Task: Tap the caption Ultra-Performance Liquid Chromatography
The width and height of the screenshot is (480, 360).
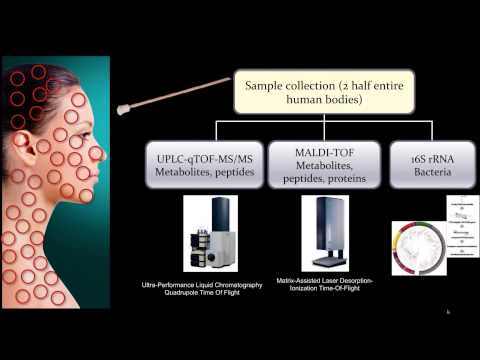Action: (x=214, y=287)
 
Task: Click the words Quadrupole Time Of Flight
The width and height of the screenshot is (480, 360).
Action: (x=214, y=297)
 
